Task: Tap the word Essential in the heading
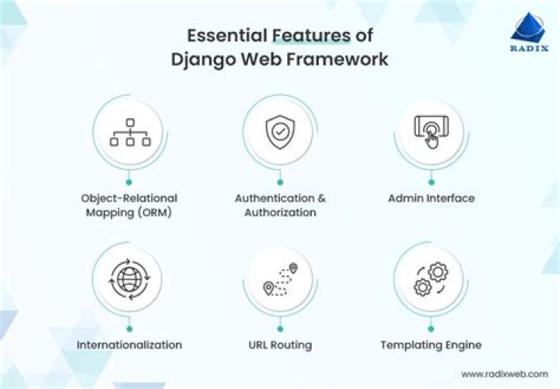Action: click(x=228, y=36)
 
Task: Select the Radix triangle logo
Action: click(x=530, y=26)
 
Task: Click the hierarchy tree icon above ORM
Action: click(x=128, y=131)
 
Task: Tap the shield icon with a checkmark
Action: click(x=279, y=133)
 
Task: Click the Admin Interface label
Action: click(x=431, y=198)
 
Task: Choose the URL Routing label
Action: click(x=280, y=345)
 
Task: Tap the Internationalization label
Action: click(x=129, y=345)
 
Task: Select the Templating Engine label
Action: click(x=431, y=345)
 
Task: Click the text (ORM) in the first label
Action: click(x=152, y=212)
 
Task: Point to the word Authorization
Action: click(x=280, y=212)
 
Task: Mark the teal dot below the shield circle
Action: click(x=280, y=181)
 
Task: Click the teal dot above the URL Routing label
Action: click(x=280, y=328)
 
